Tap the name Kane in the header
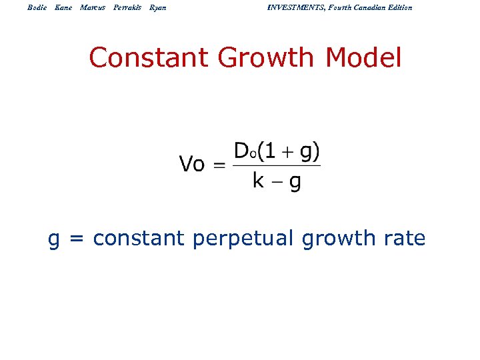pyautogui.click(x=63, y=7)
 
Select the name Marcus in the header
pyautogui.click(x=93, y=7)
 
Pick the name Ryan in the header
pyautogui.click(x=158, y=7)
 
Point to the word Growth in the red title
pyautogui.click(x=269, y=58)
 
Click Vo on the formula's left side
pyautogui.click(x=192, y=164)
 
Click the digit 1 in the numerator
pyautogui.click(x=267, y=152)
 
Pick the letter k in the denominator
pyautogui.click(x=259, y=180)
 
